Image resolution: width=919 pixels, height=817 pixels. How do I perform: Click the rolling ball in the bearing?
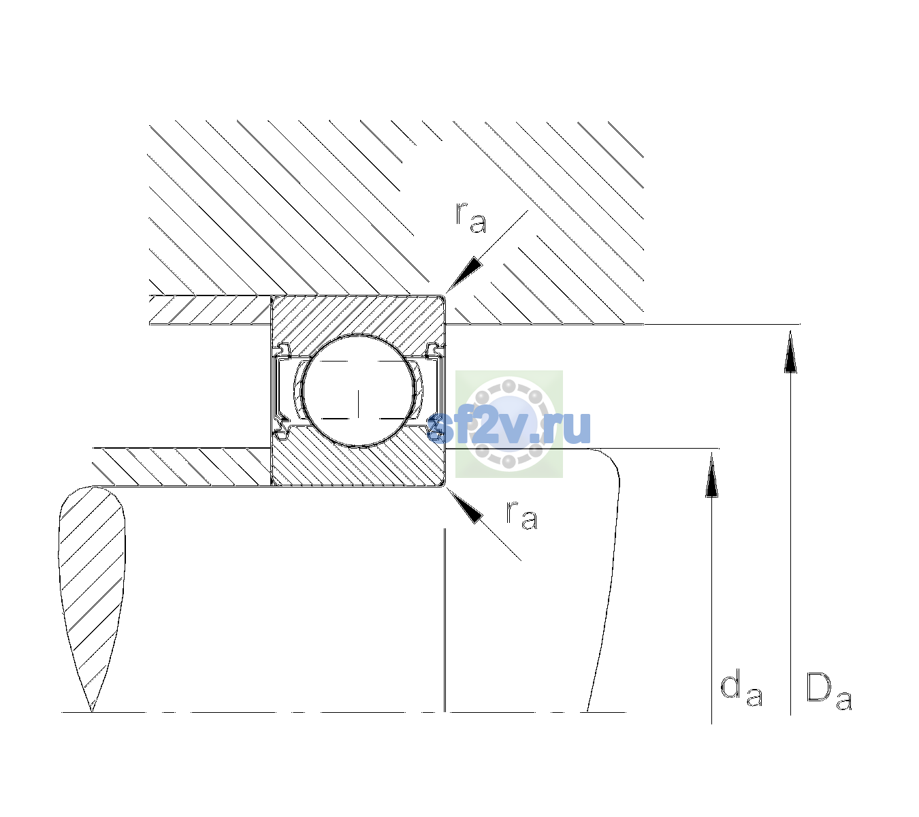tap(358, 391)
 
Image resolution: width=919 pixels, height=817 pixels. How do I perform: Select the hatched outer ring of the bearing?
tap(358, 317)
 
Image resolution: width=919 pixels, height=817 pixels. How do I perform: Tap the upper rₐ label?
tap(471, 218)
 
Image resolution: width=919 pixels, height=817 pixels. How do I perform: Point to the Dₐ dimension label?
tap(828, 692)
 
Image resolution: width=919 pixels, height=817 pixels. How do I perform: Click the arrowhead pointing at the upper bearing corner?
tap(464, 275)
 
